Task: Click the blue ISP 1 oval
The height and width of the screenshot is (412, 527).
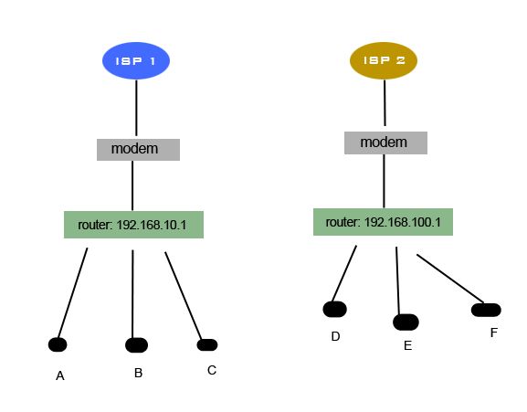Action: click(x=136, y=61)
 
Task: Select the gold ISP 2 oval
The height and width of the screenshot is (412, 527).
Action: click(x=384, y=60)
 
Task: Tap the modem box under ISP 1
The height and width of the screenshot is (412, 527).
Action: click(x=138, y=149)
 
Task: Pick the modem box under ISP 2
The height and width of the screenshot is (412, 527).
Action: click(x=385, y=143)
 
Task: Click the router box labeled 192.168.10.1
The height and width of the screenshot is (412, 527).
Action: click(x=133, y=225)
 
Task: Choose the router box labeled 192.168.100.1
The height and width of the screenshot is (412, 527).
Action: click(x=383, y=222)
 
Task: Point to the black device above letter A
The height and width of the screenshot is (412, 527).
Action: click(x=58, y=344)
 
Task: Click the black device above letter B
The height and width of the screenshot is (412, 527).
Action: click(x=136, y=345)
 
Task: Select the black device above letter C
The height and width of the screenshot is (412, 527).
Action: click(x=207, y=344)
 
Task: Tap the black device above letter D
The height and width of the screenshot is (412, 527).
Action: click(x=335, y=309)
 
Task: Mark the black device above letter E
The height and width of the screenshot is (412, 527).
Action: click(x=406, y=322)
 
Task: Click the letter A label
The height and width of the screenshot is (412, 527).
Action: click(x=60, y=375)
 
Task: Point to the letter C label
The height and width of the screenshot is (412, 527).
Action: click(x=212, y=370)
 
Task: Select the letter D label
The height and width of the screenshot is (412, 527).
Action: click(x=335, y=336)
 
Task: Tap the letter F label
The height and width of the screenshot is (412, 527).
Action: click(x=493, y=333)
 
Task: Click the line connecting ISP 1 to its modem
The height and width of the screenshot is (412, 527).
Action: click(x=137, y=109)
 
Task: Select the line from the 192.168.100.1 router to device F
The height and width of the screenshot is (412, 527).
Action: click(x=449, y=279)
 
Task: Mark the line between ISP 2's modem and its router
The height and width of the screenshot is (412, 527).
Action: click(x=384, y=181)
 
